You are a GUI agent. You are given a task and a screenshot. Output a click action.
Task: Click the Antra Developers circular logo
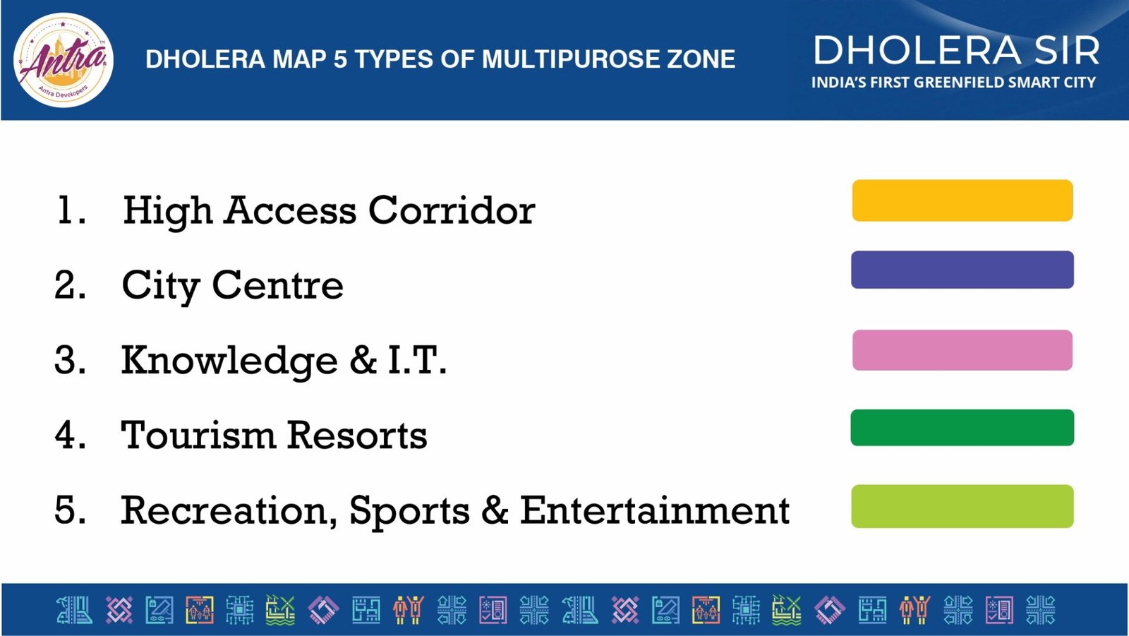pyautogui.click(x=64, y=61)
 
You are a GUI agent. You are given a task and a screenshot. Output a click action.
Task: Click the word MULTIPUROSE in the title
pyautogui.click(x=560, y=59)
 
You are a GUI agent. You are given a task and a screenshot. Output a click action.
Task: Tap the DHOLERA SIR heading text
pyautogui.click(x=956, y=50)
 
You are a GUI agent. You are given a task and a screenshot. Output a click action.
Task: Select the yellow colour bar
pyautogui.click(x=962, y=200)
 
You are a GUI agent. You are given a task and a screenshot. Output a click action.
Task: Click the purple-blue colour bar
pyautogui.click(x=962, y=270)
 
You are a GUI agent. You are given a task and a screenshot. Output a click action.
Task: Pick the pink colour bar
pyautogui.click(x=962, y=350)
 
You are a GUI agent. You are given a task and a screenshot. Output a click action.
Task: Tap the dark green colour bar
pyautogui.click(x=962, y=428)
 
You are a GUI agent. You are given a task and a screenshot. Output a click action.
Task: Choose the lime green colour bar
pyautogui.click(x=962, y=506)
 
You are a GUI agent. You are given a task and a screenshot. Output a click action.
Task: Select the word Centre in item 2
pyautogui.click(x=278, y=285)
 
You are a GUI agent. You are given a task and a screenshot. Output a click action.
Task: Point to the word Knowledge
pyautogui.click(x=229, y=362)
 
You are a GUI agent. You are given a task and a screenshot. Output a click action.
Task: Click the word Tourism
pyautogui.click(x=198, y=436)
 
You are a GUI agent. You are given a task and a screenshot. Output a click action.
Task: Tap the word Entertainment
pyautogui.click(x=655, y=510)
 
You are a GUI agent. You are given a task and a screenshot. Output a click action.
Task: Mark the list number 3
pyautogui.click(x=70, y=360)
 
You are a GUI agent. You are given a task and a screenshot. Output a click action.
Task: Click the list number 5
pyautogui.click(x=70, y=510)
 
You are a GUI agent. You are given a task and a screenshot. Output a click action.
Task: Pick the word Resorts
pyautogui.click(x=357, y=436)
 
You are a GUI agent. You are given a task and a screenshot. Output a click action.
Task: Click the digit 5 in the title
pyautogui.click(x=340, y=59)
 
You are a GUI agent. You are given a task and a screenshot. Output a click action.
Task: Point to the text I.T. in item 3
pyautogui.click(x=417, y=360)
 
